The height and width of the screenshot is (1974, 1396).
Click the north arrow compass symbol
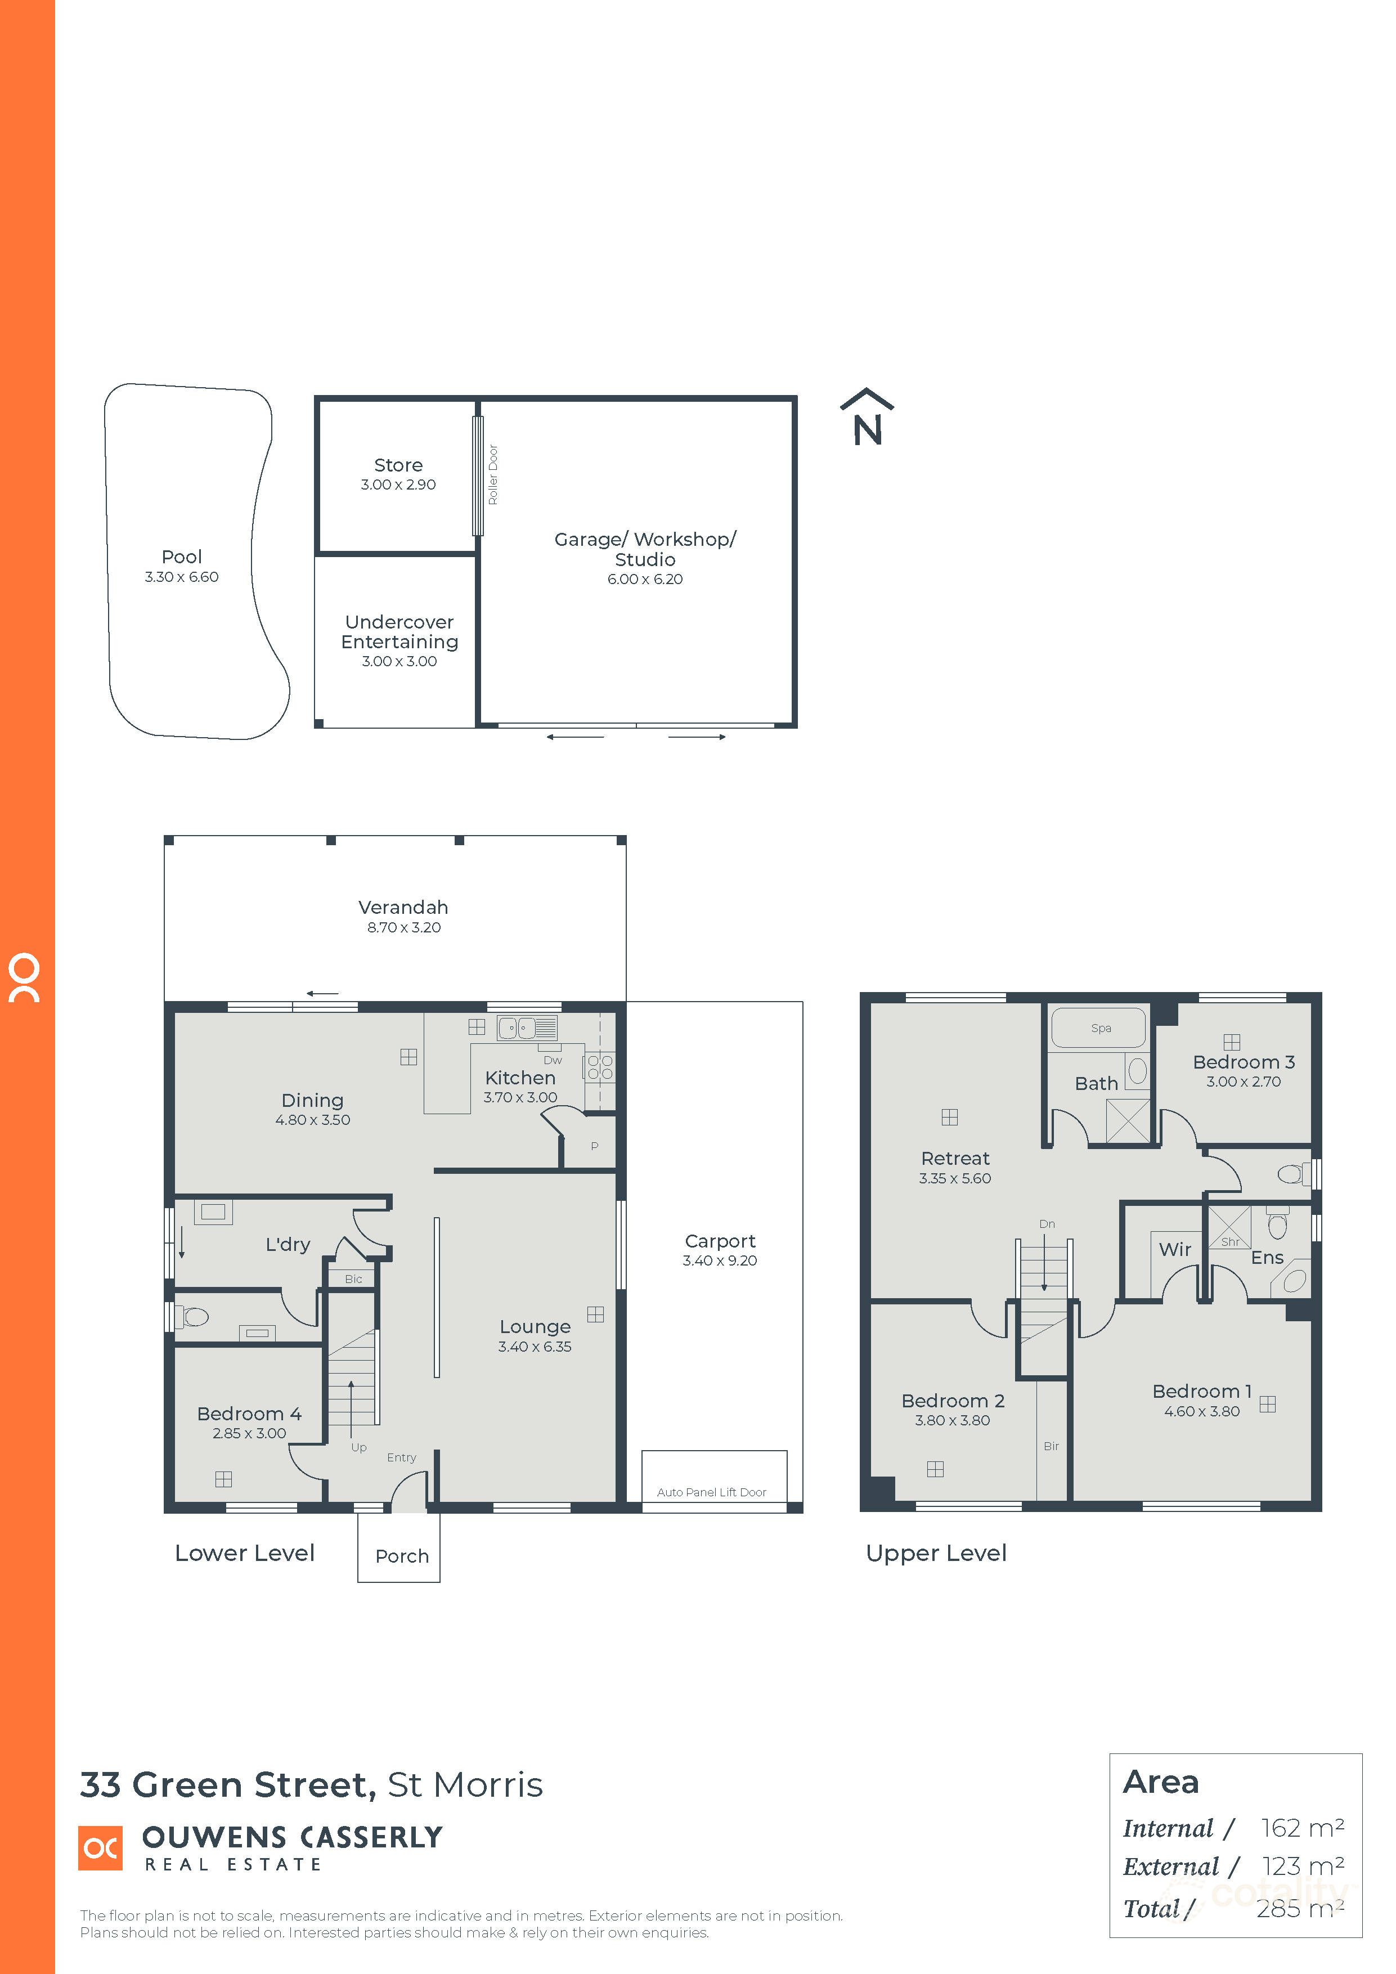coord(867,418)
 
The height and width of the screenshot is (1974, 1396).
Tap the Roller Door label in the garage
coord(493,474)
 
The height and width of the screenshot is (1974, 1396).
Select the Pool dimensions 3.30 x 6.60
coord(181,577)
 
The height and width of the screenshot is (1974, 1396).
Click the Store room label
coord(398,465)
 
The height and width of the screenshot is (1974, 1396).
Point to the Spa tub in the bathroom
coord(1100,1028)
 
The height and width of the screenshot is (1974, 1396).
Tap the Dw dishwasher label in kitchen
coord(553,1060)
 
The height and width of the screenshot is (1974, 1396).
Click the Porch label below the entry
coord(401,1556)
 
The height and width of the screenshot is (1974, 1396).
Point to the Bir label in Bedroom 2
coord(1051,1446)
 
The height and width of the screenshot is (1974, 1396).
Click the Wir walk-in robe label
coord(1174,1249)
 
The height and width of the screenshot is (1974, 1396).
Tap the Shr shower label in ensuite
coord(1229,1241)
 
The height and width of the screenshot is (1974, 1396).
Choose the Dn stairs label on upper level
coord(1046,1223)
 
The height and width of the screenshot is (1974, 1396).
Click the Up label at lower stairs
coord(358,1447)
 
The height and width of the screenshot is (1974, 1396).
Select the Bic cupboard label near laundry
coord(353,1279)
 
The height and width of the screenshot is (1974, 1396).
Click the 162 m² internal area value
coord(1301,1828)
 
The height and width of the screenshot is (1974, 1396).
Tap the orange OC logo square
coord(100,1847)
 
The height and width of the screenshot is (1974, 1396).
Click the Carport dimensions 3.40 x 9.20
coord(720,1260)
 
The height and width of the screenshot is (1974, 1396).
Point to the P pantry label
coord(594,1146)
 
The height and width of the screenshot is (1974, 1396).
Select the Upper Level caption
coord(935,1554)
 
